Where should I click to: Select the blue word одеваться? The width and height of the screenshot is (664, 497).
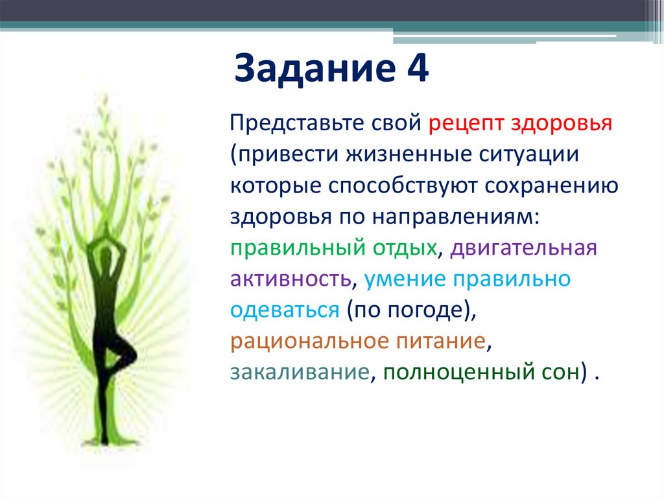[284, 310]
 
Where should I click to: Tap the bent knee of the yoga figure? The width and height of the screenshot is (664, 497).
[134, 354]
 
